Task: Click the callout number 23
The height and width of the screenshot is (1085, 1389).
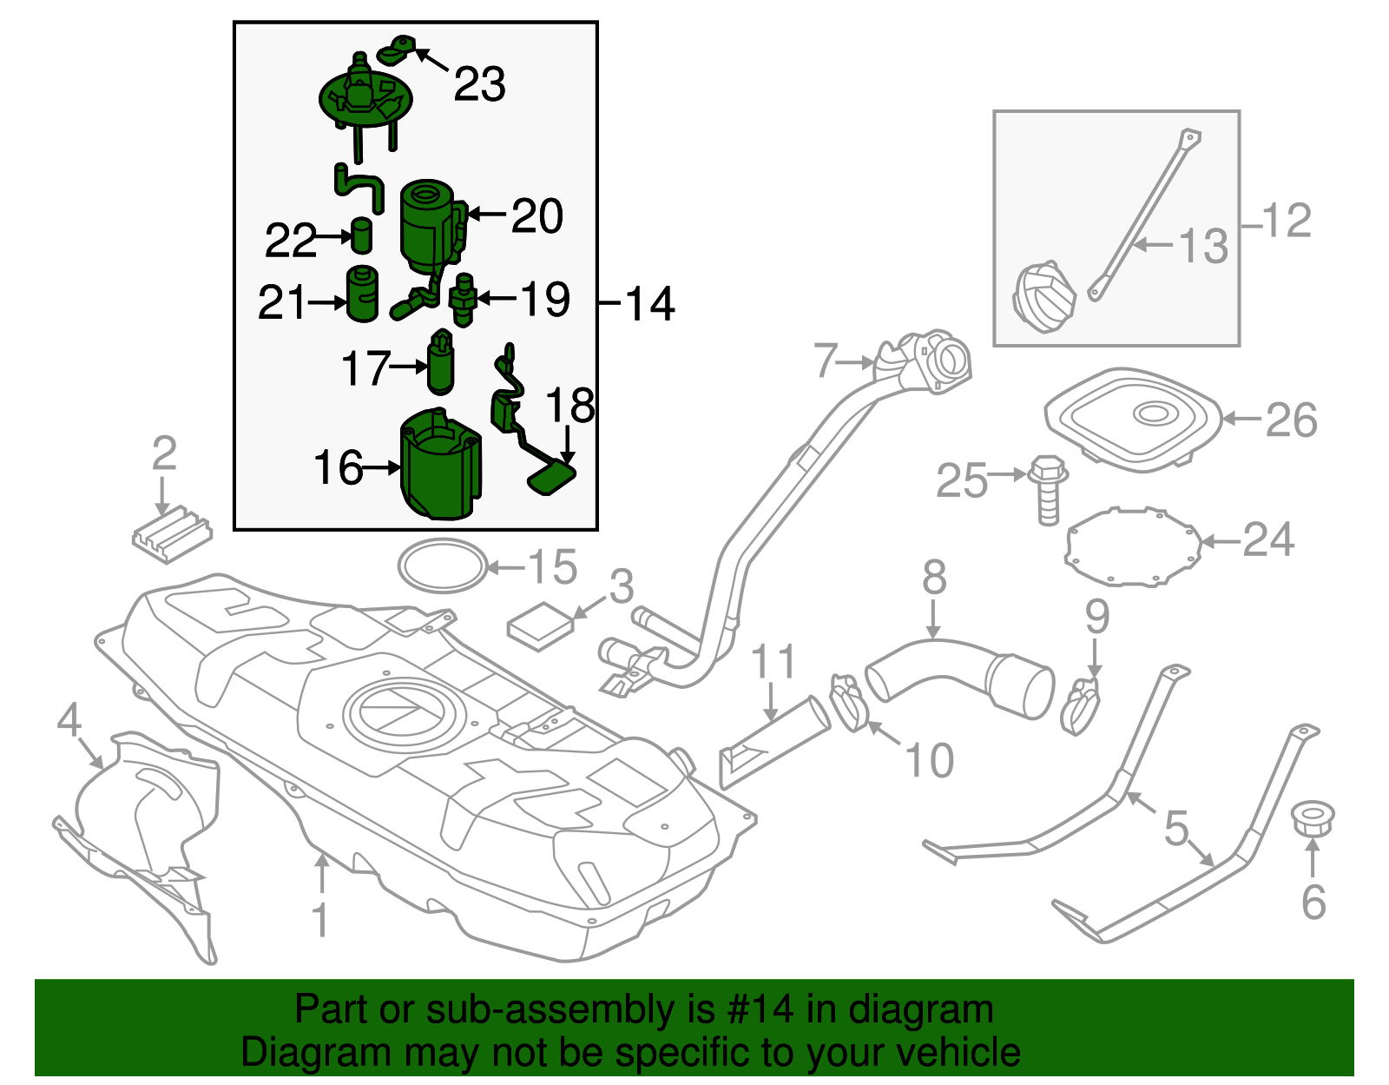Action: (x=479, y=85)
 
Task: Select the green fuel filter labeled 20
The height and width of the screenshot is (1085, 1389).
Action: (x=428, y=223)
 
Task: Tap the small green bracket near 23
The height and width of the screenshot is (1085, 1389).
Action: (x=400, y=50)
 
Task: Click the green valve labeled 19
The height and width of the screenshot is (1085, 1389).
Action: (x=464, y=300)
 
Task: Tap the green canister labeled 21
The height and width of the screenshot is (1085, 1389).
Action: (x=362, y=294)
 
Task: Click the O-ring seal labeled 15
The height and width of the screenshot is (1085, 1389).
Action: (x=442, y=566)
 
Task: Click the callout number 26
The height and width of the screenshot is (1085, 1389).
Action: (x=1291, y=420)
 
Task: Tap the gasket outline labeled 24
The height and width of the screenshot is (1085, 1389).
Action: (x=1134, y=547)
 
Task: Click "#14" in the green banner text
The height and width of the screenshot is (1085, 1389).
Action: (x=758, y=1010)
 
